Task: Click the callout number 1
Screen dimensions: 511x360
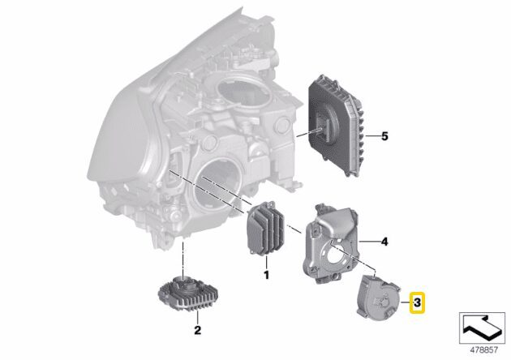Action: coord(266,275)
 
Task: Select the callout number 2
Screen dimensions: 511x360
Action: coord(197,330)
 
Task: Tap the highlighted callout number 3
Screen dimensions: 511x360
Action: coord(417,302)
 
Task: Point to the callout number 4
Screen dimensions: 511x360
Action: coord(384,242)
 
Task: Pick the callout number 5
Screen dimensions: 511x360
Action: coord(385,136)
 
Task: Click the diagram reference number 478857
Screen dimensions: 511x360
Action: coord(483,350)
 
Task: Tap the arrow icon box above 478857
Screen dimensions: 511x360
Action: coord(482,328)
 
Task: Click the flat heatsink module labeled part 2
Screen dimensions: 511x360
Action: coord(188,292)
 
